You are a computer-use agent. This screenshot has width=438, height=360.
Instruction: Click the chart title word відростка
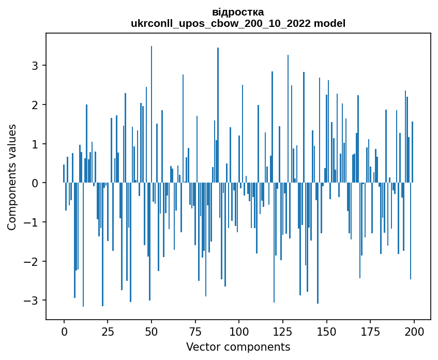[238, 12]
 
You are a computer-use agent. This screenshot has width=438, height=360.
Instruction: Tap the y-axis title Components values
[12, 177]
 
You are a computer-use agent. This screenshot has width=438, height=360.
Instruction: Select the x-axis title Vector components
[238, 347]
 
